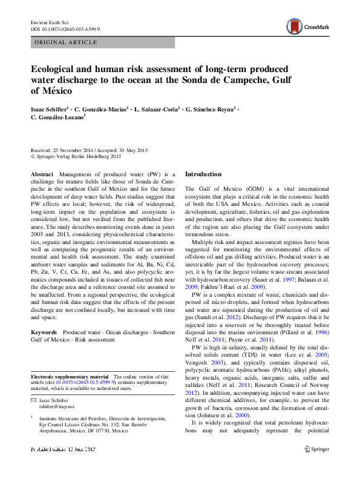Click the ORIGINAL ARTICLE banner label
65,42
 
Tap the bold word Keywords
44,333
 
